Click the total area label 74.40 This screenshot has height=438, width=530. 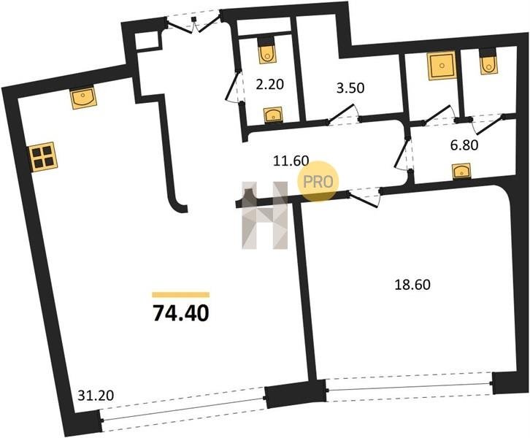181,313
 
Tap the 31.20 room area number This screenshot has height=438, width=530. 96,395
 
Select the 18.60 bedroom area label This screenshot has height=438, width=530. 412,285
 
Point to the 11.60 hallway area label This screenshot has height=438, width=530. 291,161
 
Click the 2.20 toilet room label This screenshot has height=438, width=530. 269,84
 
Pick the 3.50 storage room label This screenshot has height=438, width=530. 350,88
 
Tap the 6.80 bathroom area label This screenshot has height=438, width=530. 464,145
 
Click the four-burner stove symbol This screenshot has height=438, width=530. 43,157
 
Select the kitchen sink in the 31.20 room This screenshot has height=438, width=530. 83,99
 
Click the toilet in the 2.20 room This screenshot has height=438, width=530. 268,51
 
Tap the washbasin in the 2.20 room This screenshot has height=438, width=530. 274,115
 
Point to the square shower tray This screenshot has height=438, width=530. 442,66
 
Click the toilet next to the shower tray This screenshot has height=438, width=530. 488,61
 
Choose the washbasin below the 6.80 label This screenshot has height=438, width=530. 461,171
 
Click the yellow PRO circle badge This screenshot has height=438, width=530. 318,182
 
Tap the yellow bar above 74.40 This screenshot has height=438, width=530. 181,295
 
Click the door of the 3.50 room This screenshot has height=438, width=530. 344,114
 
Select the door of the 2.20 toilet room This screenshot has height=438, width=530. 234,86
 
